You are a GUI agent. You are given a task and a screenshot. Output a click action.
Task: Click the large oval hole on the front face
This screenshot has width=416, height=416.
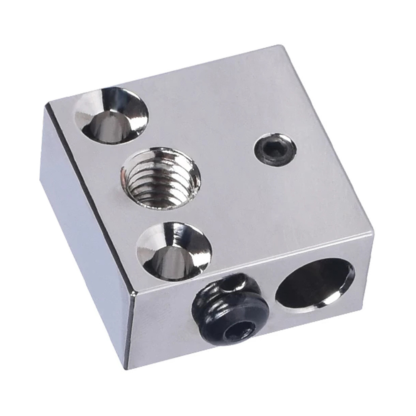point(314,283)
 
